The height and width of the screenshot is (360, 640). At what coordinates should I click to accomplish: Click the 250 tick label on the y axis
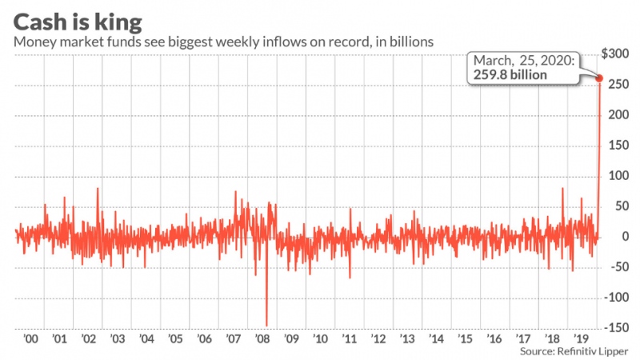pos(616,84)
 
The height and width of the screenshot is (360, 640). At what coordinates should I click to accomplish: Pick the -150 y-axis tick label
pos(616,327)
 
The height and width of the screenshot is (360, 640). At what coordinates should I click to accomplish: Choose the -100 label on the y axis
pos(616,297)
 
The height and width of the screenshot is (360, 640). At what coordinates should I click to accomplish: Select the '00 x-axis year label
pos(31,338)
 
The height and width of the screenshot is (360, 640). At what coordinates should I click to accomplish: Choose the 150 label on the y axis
pos(616,145)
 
